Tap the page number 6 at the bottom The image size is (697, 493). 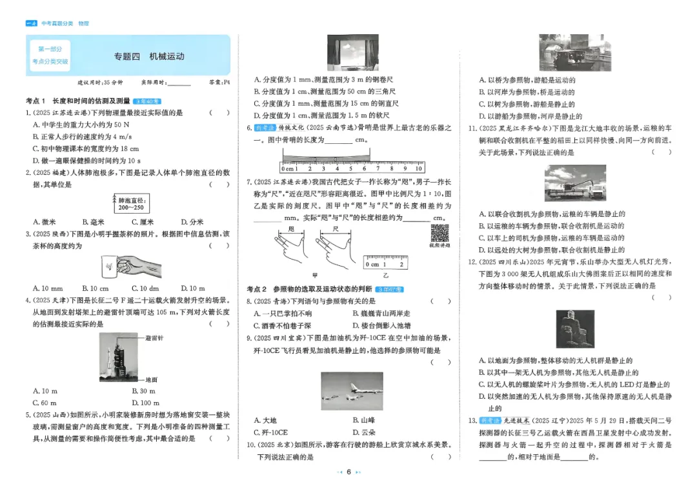point(348,472)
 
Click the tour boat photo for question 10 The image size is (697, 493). point(574,52)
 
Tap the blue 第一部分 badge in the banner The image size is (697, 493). point(50,49)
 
